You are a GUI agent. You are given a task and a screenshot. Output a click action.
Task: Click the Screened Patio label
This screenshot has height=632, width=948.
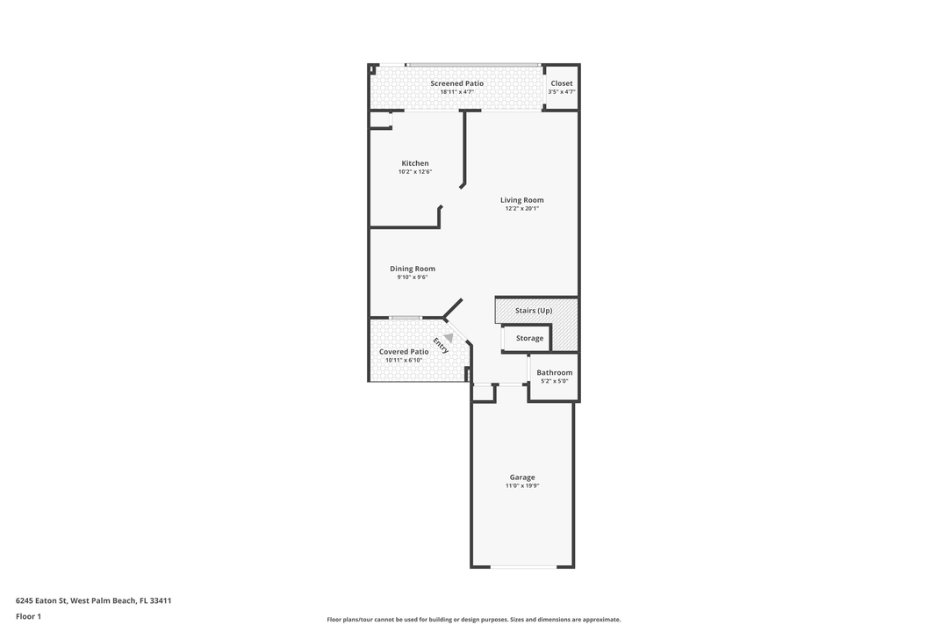pyautogui.click(x=457, y=83)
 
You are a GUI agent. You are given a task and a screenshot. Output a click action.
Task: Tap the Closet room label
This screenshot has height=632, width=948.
pyautogui.click(x=562, y=83)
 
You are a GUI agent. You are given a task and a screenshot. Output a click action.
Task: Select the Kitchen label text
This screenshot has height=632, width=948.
pyautogui.click(x=415, y=163)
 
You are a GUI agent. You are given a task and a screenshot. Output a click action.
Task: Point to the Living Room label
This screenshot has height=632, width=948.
pyautogui.click(x=521, y=200)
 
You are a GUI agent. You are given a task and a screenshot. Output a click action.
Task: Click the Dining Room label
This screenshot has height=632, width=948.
pyautogui.click(x=413, y=269)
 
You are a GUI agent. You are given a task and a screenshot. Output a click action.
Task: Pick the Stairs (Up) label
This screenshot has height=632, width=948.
pyautogui.click(x=534, y=311)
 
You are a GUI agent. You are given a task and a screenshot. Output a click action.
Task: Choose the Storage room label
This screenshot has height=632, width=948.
pyautogui.click(x=529, y=339)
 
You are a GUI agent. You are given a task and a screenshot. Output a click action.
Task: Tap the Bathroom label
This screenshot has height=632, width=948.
pyautogui.click(x=555, y=373)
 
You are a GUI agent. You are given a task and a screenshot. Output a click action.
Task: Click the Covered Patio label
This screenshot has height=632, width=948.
pyautogui.click(x=404, y=352)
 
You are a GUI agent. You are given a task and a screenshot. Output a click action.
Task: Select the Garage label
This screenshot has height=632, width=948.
pyautogui.click(x=521, y=478)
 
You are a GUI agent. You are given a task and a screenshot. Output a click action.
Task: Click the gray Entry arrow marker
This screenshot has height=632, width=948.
pyautogui.click(x=449, y=338)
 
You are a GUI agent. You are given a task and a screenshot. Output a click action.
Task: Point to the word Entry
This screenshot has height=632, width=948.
pyautogui.click(x=441, y=345)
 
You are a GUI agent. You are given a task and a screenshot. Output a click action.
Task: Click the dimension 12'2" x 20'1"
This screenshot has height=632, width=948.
pyautogui.click(x=521, y=209)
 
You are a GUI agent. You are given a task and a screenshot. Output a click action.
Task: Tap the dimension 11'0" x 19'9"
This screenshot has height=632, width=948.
pyautogui.click(x=522, y=485)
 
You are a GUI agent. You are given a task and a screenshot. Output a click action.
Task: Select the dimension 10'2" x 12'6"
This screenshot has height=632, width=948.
pyautogui.click(x=415, y=172)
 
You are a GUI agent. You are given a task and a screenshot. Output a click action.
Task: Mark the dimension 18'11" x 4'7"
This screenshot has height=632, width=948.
pyautogui.click(x=457, y=92)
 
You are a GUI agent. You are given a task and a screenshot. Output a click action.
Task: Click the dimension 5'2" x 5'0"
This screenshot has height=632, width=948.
pyautogui.click(x=555, y=382)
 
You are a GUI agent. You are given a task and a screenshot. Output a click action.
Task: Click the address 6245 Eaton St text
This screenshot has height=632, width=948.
pyautogui.click(x=41, y=601)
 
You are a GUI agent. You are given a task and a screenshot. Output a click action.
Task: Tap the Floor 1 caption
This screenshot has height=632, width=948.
pyautogui.click(x=28, y=617)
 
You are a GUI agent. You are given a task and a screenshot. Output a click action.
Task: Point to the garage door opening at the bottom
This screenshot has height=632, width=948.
pyautogui.click(x=523, y=567)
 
